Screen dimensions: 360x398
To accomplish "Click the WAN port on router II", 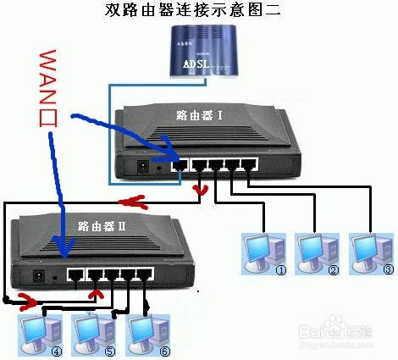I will pos(75,275).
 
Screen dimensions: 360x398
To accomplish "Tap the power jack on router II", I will pos(39,276).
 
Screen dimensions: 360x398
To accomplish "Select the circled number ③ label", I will pos(389,270).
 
